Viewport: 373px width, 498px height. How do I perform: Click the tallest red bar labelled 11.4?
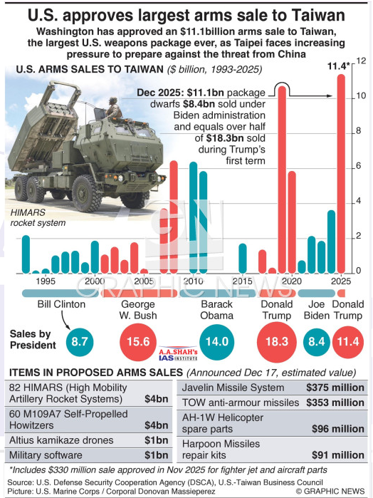(341, 174)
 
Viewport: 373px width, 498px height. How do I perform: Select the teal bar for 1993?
(26, 254)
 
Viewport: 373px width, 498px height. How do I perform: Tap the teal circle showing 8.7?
(80, 342)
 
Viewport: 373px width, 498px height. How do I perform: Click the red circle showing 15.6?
(138, 342)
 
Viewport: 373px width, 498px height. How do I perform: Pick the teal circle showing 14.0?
(217, 342)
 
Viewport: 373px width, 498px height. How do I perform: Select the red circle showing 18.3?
(276, 342)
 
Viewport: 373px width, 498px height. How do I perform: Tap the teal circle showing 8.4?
(317, 342)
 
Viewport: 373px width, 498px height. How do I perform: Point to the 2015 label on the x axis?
(242, 281)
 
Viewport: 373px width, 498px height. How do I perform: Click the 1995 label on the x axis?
(46, 281)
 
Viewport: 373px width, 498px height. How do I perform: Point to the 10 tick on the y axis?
(361, 95)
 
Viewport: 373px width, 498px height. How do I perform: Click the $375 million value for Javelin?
(335, 388)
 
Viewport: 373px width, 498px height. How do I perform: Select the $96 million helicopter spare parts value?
(338, 429)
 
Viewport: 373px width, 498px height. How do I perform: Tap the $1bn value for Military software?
(157, 455)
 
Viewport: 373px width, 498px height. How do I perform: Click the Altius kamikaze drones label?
(61, 440)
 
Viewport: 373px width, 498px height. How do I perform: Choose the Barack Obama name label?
(217, 310)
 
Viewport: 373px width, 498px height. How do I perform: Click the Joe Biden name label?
(317, 310)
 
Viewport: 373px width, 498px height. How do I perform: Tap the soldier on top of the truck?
(114, 108)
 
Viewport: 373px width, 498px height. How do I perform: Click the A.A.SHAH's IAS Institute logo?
(178, 353)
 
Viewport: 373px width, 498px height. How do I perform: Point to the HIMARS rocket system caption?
(38, 217)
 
